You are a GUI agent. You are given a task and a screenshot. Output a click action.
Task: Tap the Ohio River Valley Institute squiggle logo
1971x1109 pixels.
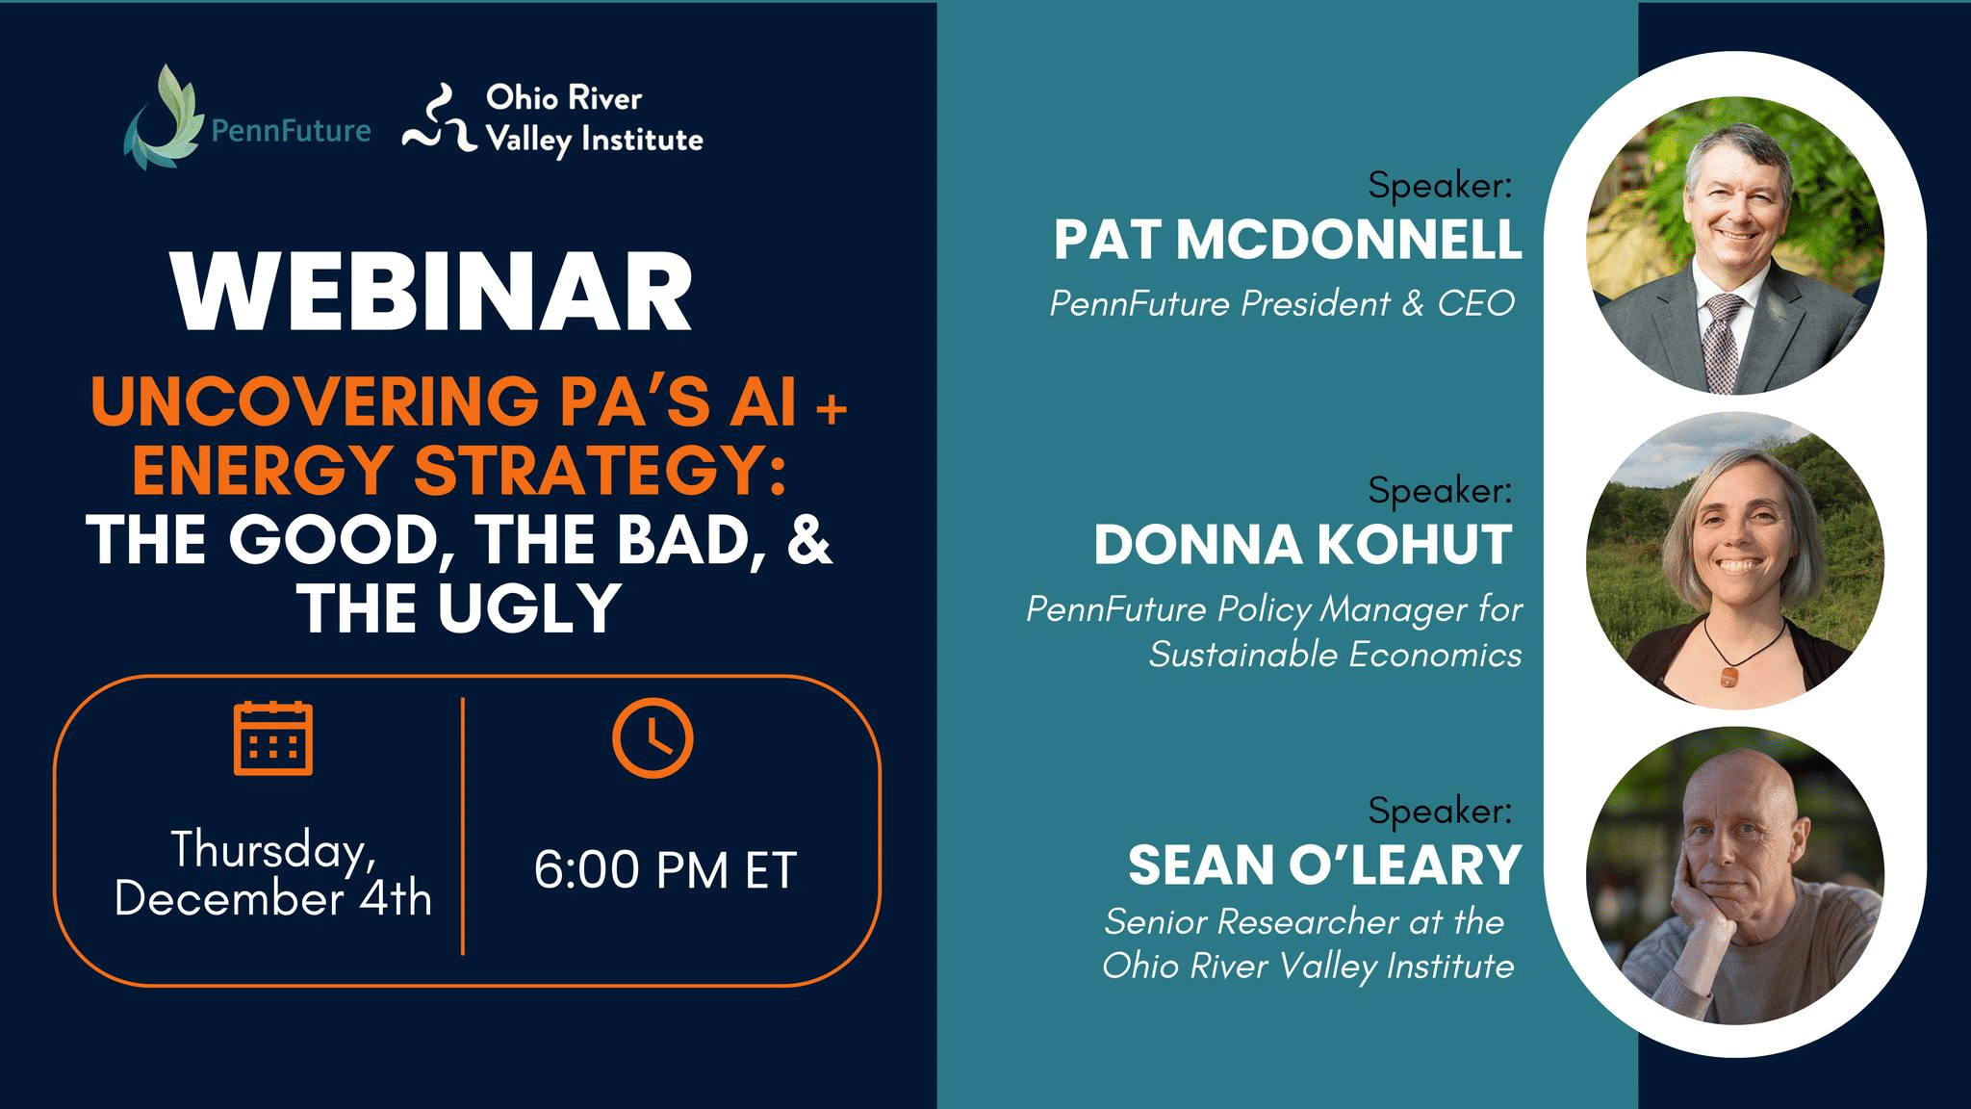[x=439, y=120]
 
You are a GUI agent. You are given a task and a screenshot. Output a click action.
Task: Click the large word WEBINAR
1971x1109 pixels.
[x=432, y=293]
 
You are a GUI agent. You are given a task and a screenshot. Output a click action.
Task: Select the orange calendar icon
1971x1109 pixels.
[x=273, y=738]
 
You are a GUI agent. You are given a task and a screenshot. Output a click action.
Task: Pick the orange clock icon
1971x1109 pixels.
[x=653, y=738]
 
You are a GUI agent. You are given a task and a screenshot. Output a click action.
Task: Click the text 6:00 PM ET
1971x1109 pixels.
[x=665, y=870]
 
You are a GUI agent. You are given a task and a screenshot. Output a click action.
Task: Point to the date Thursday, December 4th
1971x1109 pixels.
[x=273, y=874]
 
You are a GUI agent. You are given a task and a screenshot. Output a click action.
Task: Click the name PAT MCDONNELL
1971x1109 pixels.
[x=1288, y=240]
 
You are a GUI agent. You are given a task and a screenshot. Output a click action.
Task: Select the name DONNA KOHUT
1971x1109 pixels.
[x=1303, y=545]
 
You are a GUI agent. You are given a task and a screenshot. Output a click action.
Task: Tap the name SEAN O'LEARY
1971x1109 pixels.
[x=1324, y=864]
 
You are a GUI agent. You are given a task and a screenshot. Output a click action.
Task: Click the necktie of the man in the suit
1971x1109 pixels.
[x=1722, y=337]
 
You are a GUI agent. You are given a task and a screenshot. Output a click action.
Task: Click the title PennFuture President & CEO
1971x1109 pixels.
[x=1282, y=303]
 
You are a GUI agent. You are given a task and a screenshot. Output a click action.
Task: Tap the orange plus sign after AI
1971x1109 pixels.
[x=832, y=408]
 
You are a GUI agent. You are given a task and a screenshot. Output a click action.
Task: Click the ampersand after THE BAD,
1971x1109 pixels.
[x=808, y=539]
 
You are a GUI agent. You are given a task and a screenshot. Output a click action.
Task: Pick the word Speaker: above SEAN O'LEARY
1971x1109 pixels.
[x=1440, y=811]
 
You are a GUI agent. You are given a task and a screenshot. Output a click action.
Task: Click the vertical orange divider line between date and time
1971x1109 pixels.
[x=463, y=826]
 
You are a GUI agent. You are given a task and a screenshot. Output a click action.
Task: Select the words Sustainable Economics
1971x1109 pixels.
[x=1335, y=655]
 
